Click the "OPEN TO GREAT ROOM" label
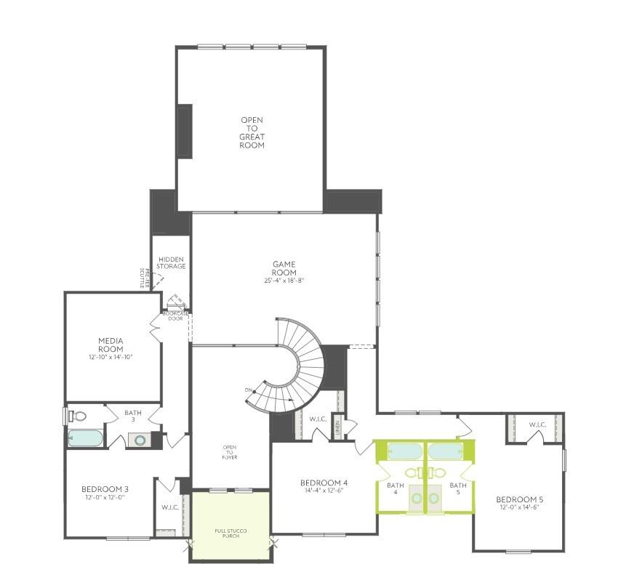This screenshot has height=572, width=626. pyautogui.click(x=252, y=132)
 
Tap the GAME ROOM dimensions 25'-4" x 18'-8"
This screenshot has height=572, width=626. pyautogui.click(x=284, y=281)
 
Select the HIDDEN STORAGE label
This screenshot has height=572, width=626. pyautogui.click(x=171, y=262)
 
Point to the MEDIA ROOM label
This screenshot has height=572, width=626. pyautogui.click(x=111, y=345)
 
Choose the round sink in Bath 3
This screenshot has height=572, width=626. pyautogui.click(x=137, y=440)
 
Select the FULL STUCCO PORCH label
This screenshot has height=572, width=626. pyautogui.click(x=230, y=534)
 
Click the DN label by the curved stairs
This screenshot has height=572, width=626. pyautogui.click(x=249, y=391)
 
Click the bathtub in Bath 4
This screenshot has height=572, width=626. pyautogui.click(x=400, y=451)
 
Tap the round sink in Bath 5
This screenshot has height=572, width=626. pyautogui.click(x=438, y=473)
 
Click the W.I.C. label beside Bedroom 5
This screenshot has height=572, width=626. pyautogui.click(x=537, y=424)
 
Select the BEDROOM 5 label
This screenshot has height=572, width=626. pyautogui.click(x=519, y=499)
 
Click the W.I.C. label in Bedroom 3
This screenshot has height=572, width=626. pyautogui.click(x=169, y=507)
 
